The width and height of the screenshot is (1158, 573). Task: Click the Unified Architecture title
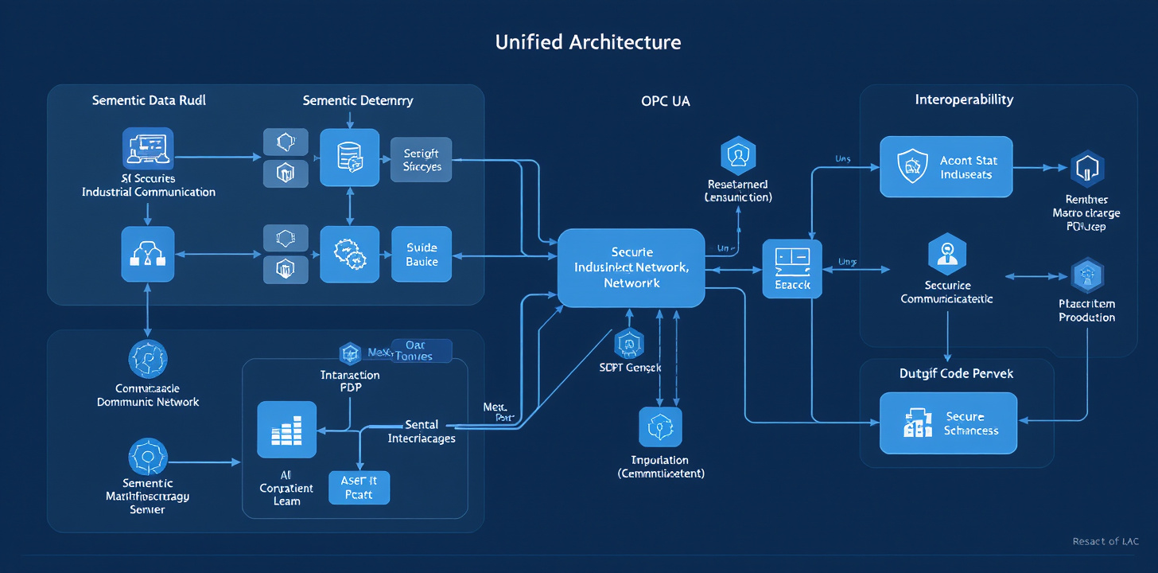(x=588, y=42)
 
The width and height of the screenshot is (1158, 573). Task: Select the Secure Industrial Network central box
(x=631, y=267)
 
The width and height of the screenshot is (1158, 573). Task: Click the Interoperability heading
(x=964, y=99)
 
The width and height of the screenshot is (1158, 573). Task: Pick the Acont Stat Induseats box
(x=946, y=166)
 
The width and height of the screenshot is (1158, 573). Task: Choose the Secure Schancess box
(x=948, y=423)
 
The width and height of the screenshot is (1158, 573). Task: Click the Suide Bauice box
(x=422, y=254)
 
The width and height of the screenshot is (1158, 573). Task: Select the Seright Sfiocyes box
(x=422, y=159)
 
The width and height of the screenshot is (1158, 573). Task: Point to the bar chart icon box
(x=287, y=431)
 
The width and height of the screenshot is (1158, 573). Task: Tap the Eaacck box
(x=791, y=269)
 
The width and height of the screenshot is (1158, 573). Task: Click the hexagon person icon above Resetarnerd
(x=737, y=155)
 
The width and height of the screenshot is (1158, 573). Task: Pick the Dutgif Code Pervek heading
(x=956, y=372)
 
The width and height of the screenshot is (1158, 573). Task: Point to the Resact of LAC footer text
(x=1105, y=542)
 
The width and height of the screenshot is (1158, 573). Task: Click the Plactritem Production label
(x=1086, y=310)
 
